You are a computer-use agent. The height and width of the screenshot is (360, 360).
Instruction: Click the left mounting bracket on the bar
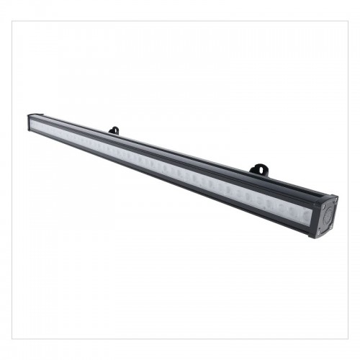(114, 130)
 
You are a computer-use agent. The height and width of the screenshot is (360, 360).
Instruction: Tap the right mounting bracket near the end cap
(258, 170)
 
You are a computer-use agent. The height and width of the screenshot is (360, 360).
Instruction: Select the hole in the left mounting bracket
(114, 130)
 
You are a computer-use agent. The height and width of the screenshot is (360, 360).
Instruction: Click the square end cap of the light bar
(324, 215)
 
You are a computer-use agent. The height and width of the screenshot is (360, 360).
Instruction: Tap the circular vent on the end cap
(325, 215)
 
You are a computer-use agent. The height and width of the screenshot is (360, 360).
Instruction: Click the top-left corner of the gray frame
(12, 21)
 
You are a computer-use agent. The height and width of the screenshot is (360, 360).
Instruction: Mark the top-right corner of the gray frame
(348, 21)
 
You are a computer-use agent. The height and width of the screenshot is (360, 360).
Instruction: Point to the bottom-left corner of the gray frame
(12, 338)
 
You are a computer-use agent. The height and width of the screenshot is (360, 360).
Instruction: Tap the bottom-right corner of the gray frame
(348, 338)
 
